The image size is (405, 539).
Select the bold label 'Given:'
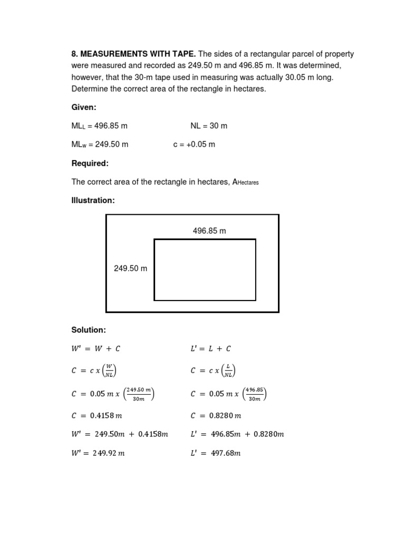[x=84, y=107]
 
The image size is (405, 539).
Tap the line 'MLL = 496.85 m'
[x=100, y=126]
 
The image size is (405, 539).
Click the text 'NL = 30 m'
[x=209, y=126]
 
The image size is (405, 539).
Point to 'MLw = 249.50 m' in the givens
[x=100, y=144]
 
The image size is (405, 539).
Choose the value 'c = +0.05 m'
[x=194, y=144]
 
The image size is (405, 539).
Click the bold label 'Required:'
[x=90, y=163]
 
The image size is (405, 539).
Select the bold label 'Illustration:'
[x=93, y=201]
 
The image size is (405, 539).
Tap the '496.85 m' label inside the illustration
[x=209, y=231]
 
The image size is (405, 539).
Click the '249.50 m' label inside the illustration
[x=131, y=268]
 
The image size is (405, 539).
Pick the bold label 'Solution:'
[x=89, y=330]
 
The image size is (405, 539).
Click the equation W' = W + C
[x=93, y=348]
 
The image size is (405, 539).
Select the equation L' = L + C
[x=210, y=348]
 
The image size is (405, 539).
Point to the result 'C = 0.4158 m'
[x=97, y=416]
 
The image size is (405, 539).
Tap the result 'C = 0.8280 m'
[x=216, y=416]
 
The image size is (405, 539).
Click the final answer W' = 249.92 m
[x=99, y=454]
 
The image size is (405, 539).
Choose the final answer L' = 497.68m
[x=215, y=454]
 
